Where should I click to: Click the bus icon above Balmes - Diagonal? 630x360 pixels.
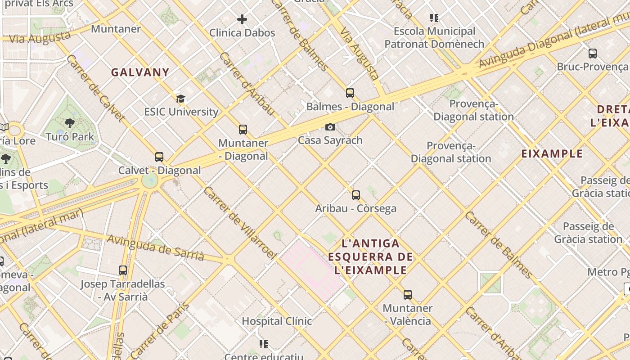click(x=350, y=93)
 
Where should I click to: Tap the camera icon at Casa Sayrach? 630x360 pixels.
click(x=330, y=127)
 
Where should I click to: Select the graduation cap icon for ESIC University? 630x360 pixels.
click(x=180, y=99)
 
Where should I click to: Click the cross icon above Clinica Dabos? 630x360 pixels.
click(x=242, y=19)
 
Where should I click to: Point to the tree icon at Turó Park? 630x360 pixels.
click(x=70, y=123)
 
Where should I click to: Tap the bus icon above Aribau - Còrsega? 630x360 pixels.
click(x=356, y=195)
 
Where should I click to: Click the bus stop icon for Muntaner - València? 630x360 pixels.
click(x=408, y=295)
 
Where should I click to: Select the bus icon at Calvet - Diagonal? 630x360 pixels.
click(x=159, y=157)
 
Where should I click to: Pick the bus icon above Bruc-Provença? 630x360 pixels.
click(x=593, y=54)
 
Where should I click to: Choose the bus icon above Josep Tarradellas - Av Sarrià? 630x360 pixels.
click(x=123, y=270)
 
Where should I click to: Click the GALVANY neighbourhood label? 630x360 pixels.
click(x=140, y=72)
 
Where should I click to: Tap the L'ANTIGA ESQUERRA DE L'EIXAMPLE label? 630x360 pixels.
click(x=371, y=257)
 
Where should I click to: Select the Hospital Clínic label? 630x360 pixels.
click(x=277, y=321)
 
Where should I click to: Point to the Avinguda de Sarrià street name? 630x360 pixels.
click(x=155, y=247)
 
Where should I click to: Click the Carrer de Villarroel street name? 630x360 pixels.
click(x=239, y=223)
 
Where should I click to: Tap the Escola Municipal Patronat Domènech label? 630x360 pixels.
click(x=434, y=37)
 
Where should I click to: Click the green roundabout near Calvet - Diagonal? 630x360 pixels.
click(x=149, y=181)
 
